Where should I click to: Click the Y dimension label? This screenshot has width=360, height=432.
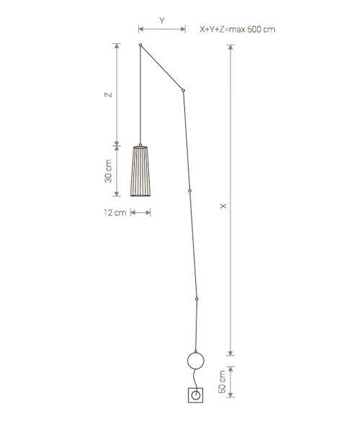[162, 21]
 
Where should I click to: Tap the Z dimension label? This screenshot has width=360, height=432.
[109, 94]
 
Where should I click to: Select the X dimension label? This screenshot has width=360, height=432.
[223, 206]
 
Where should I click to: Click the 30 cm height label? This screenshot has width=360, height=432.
[109, 171]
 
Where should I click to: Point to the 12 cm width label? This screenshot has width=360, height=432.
[115, 212]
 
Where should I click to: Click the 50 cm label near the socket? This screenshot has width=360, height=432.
[222, 382]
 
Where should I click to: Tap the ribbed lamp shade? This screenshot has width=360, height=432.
[140, 171]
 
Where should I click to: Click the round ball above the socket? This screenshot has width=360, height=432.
[196, 361]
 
